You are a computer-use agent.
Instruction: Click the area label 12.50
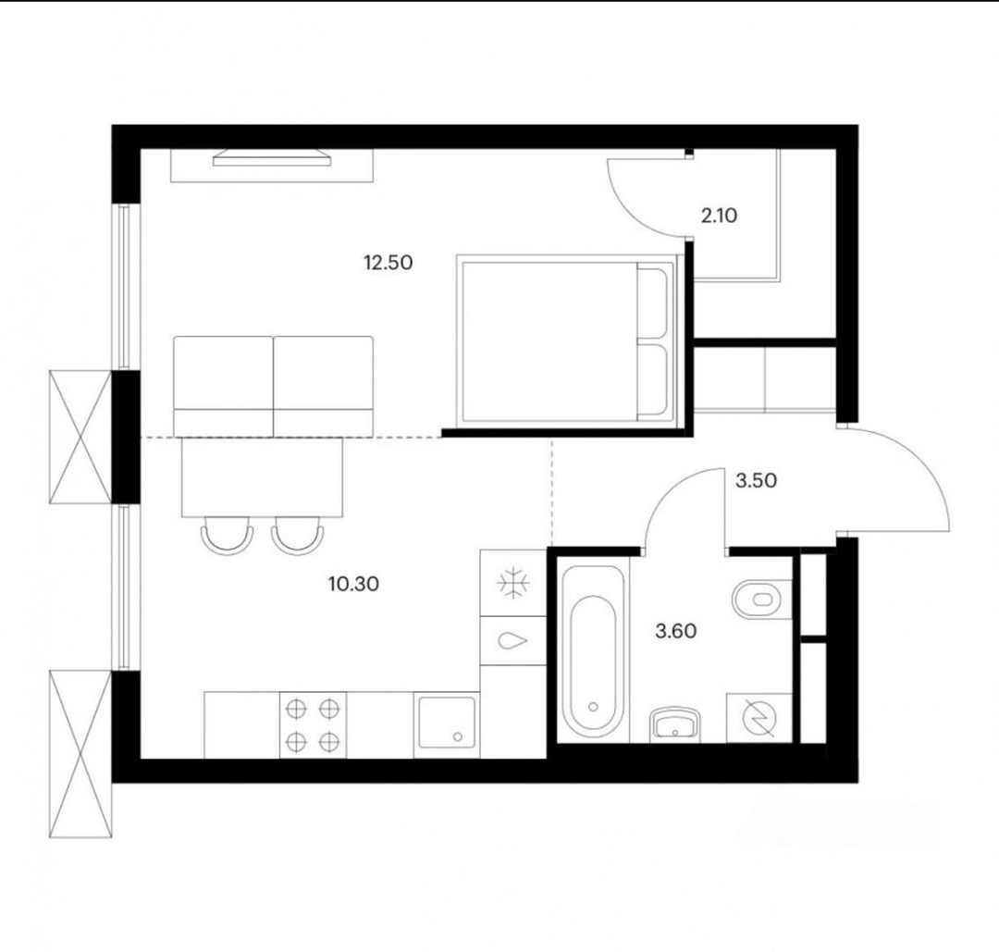(388, 262)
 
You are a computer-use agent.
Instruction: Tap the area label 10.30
(353, 584)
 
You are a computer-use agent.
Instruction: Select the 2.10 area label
(720, 216)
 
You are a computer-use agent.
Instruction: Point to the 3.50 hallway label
(757, 480)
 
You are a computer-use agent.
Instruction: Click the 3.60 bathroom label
(676, 632)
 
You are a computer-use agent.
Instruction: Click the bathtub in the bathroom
(593, 650)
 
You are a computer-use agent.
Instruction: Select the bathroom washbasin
(675, 723)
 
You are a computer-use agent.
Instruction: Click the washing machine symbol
(759, 718)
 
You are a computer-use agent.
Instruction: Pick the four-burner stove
(313, 725)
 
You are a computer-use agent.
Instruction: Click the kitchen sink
(447, 725)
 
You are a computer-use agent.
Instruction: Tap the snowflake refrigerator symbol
(512, 583)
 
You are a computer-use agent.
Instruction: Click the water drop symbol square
(512, 640)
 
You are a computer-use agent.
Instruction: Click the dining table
(262, 476)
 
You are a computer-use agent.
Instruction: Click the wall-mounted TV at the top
(272, 158)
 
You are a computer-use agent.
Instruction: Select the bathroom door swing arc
(667, 490)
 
